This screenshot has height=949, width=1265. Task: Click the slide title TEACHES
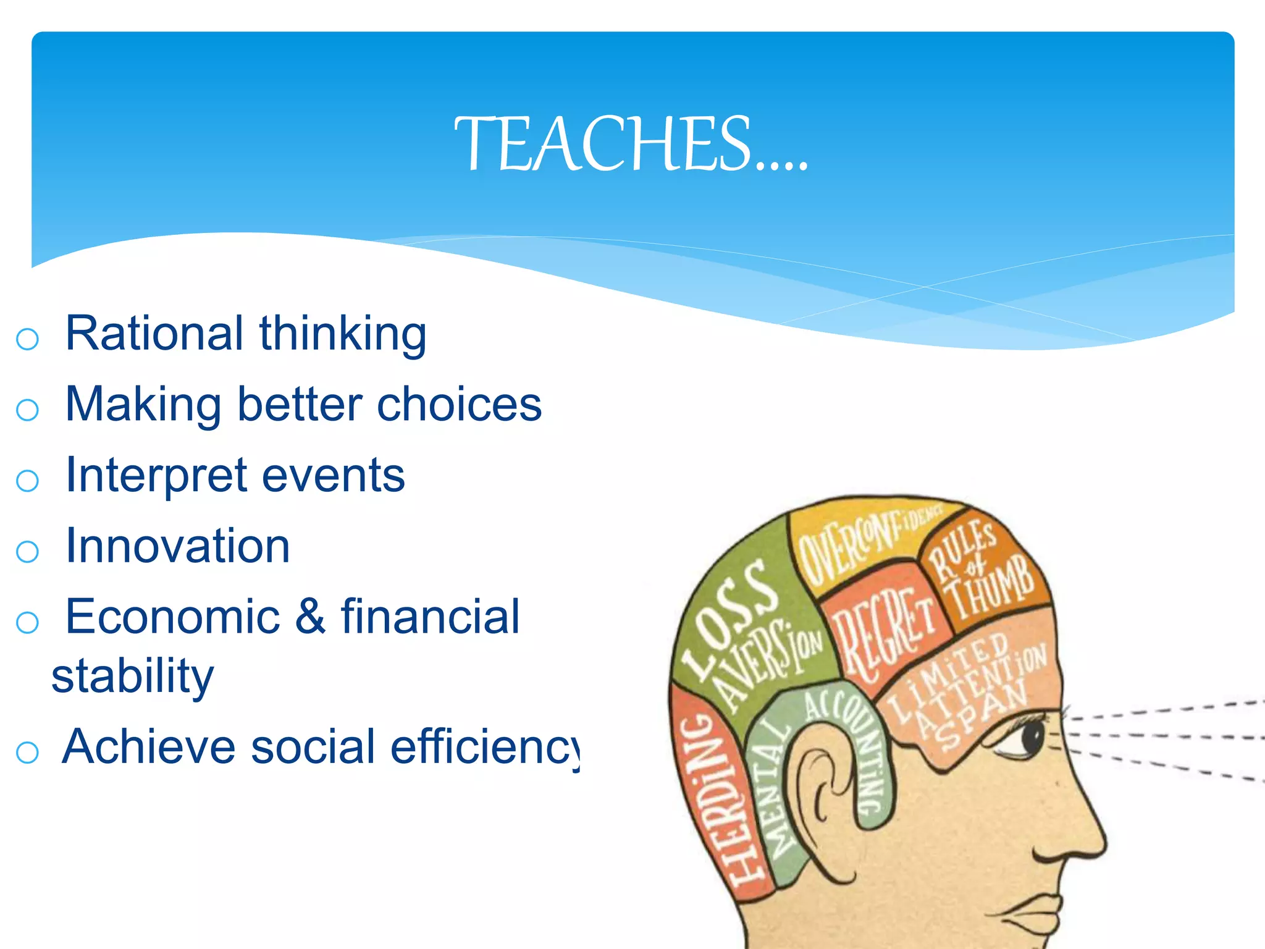(630, 145)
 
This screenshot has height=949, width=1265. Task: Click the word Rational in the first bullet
(154, 334)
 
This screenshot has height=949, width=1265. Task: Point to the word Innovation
(178, 546)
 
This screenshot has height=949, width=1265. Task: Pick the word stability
(132, 676)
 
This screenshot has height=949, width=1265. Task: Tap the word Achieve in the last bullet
(149, 747)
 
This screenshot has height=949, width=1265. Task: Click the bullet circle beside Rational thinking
(27, 339)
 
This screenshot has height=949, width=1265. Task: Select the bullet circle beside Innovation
(27, 551)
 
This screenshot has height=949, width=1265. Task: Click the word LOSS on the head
(729, 618)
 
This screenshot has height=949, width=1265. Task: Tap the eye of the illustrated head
(1030, 736)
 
